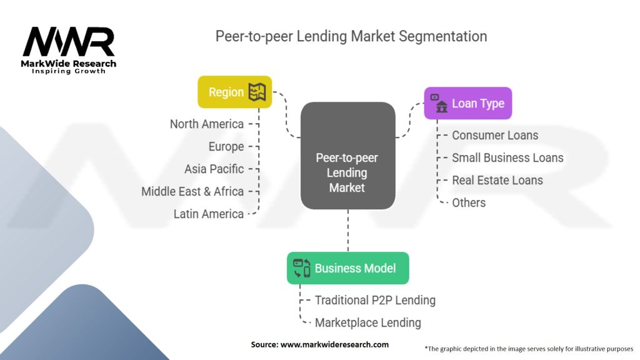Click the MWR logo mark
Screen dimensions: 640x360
69,42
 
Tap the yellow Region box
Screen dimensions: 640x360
235,92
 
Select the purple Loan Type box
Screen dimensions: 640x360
467,103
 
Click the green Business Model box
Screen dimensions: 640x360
347,268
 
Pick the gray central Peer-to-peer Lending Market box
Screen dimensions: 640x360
347,156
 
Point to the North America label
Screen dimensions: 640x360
206,124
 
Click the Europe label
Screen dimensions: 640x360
226,147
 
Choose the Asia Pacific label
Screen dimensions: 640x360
214,169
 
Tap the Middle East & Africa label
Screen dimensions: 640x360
192,191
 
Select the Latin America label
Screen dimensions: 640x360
209,214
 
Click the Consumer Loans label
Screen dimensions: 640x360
495,136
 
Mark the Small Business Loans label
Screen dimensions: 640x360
507,158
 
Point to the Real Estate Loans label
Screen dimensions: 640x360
497,181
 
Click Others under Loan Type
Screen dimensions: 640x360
469,203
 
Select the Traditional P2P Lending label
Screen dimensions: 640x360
375,301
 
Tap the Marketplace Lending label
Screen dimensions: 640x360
367,323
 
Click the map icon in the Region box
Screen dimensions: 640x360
257,92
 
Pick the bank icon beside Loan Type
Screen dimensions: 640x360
439,103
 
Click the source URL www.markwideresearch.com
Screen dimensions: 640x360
335,344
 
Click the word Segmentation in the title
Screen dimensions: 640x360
443,36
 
